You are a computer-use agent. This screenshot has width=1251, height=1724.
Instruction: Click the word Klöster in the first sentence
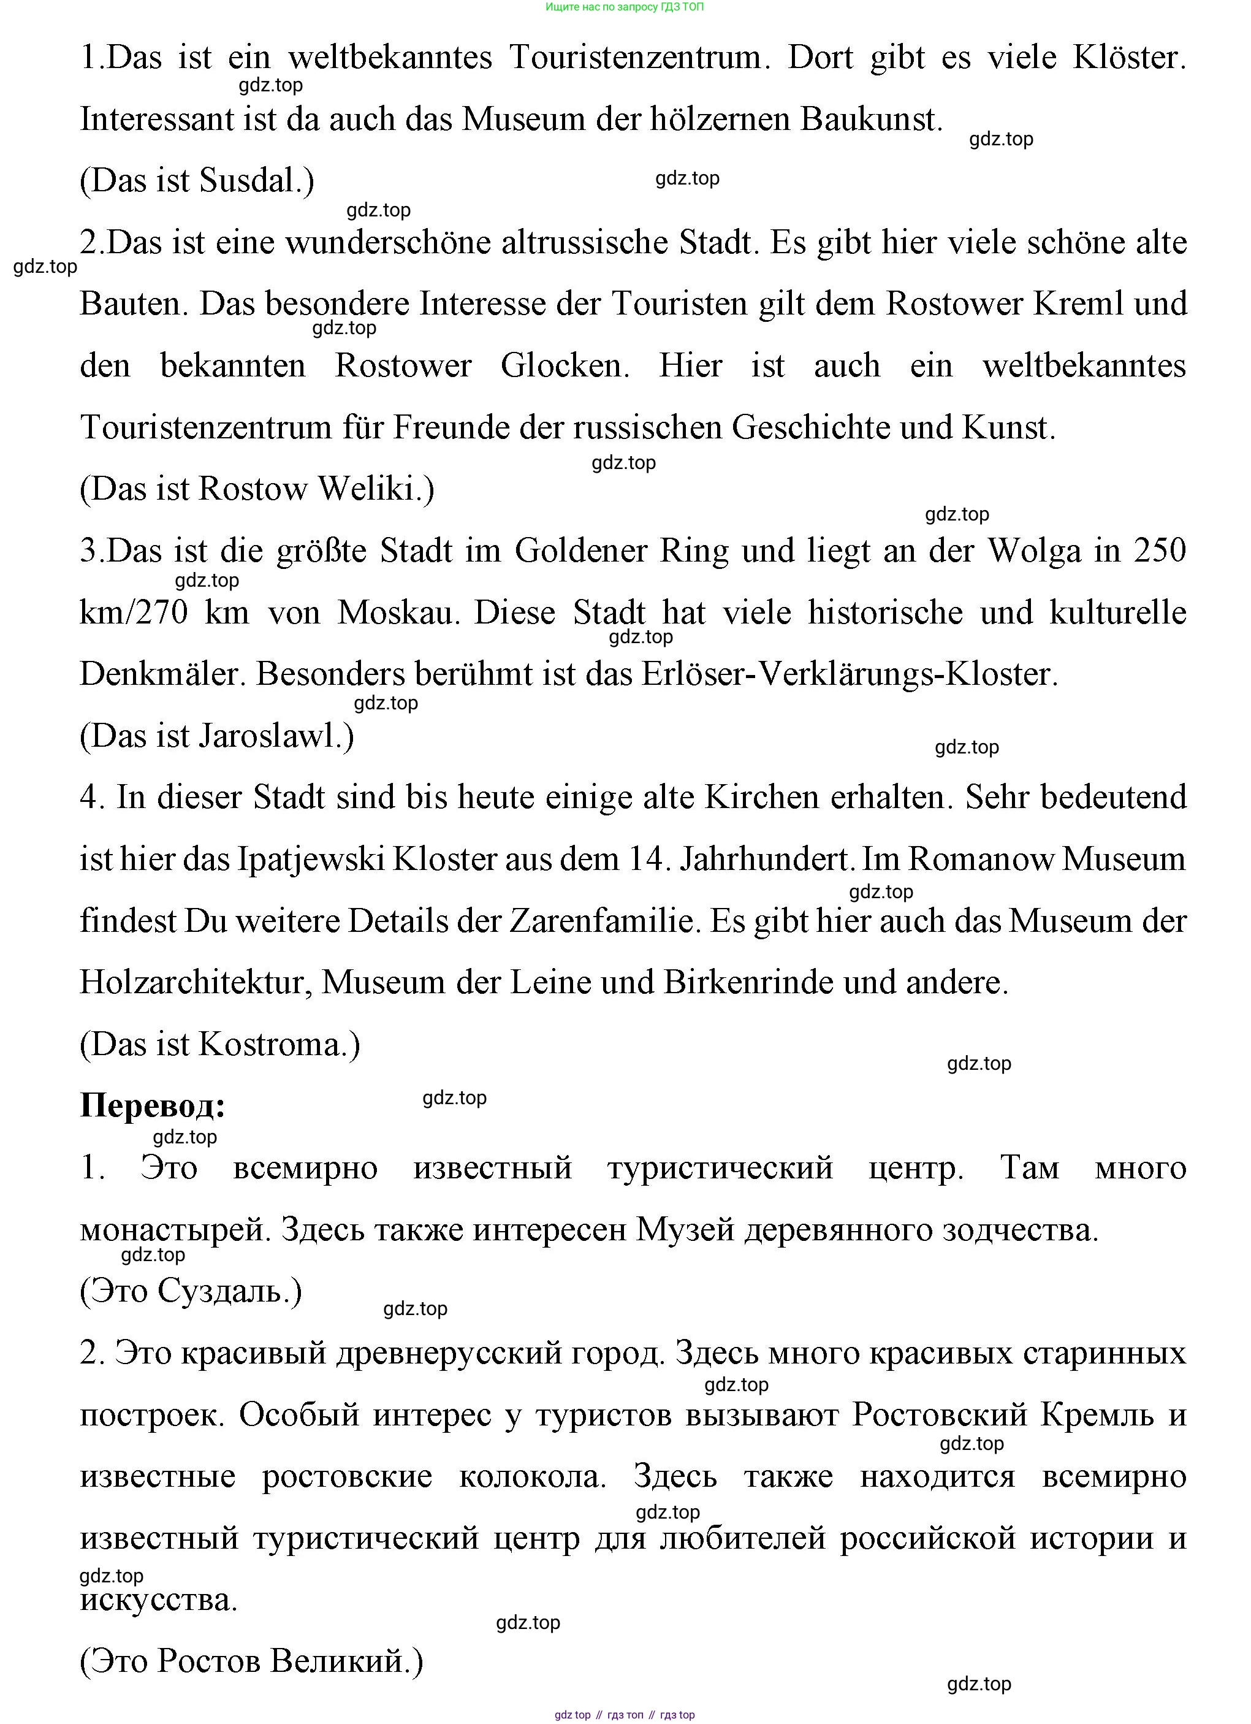[x=1128, y=58]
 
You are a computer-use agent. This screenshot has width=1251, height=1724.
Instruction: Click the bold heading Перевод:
[x=153, y=1107]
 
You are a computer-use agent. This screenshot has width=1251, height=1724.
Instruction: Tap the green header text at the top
[x=625, y=7]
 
